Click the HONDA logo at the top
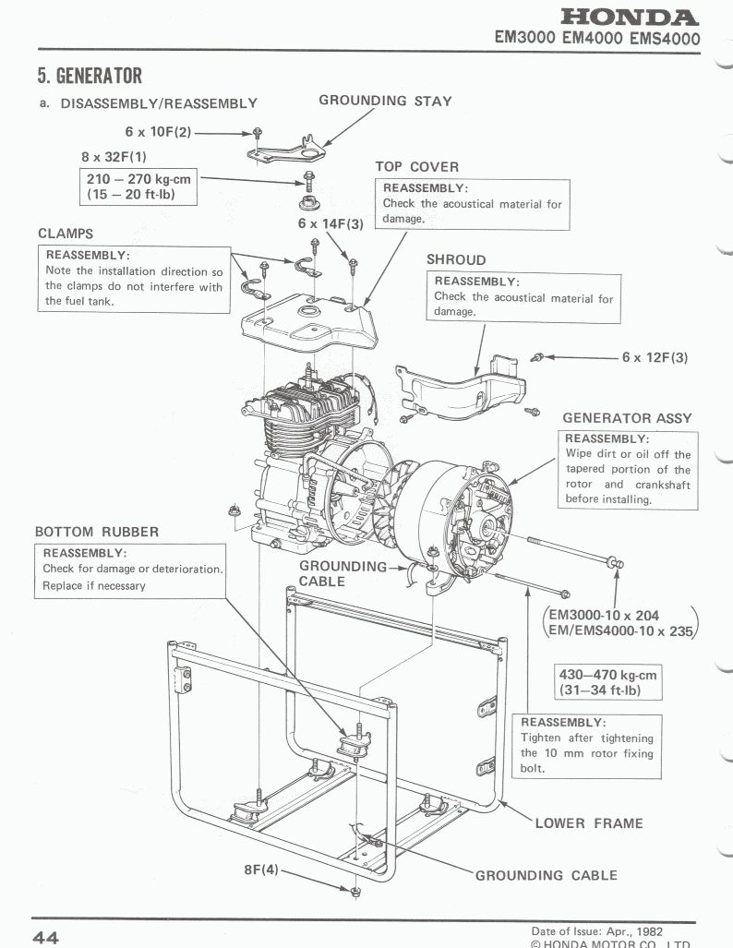click(x=630, y=17)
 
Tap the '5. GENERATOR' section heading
click(x=90, y=76)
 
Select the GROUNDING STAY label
click(x=385, y=101)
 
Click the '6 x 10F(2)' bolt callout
click(x=158, y=132)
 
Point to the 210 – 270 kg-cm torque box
click(x=138, y=186)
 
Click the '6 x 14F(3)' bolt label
click(x=330, y=223)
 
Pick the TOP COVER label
click(x=416, y=167)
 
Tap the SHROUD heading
click(x=456, y=260)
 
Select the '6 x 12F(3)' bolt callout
click(x=655, y=357)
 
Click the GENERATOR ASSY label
click(x=627, y=418)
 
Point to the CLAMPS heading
click(x=66, y=234)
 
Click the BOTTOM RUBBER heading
click(x=97, y=532)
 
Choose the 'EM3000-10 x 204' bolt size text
click(x=604, y=616)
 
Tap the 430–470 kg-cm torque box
click(x=608, y=682)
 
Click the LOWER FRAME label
click(x=589, y=823)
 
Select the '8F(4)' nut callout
click(x=261, y=870)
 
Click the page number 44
click(x=46, y=938)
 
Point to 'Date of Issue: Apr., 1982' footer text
click(x=597, y=931)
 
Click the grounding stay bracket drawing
click(x=287, y=150)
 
